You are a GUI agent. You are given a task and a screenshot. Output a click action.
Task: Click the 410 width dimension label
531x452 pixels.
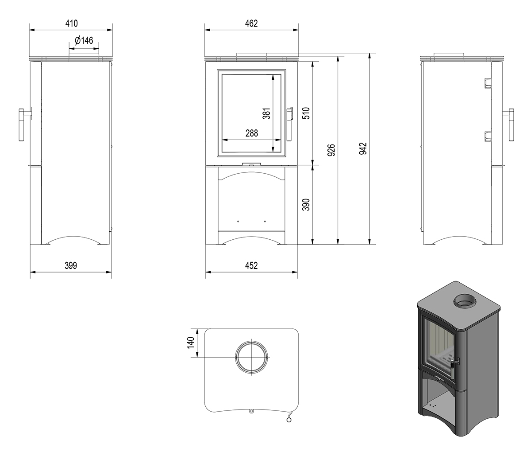[71, 23]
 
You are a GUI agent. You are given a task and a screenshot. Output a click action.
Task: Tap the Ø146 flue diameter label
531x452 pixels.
[84, 40]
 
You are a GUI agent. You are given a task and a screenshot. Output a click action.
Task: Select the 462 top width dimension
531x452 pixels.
[251, 23]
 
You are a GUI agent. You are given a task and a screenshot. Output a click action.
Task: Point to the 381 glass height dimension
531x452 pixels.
[266, 113]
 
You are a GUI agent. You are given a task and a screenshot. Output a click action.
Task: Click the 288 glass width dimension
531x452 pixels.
[251, 133]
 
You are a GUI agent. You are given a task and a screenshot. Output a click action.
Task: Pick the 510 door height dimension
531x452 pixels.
[306, 113]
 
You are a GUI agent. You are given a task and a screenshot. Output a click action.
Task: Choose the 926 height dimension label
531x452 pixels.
[331, 150]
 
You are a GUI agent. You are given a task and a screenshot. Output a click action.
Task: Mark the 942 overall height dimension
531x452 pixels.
[363, 148]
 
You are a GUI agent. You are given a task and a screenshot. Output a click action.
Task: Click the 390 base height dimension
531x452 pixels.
[306, 205]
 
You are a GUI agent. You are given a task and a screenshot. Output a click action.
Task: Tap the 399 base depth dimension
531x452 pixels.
[71, 265]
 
